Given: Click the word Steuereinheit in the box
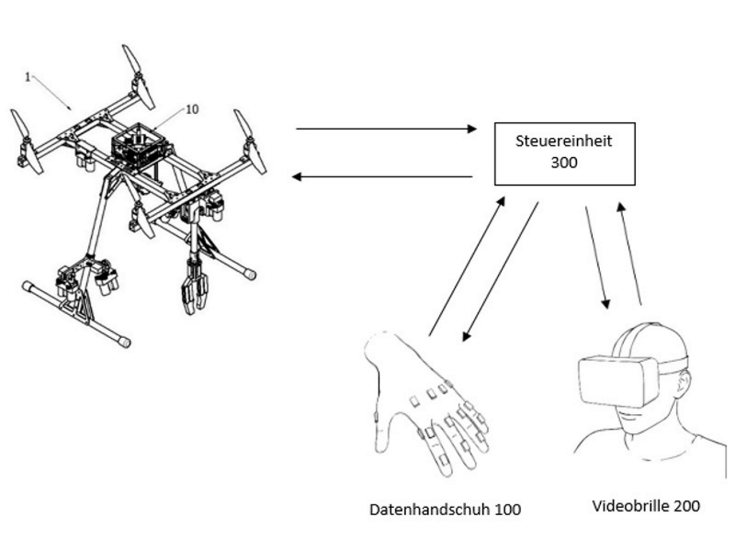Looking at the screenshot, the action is coord(563,141).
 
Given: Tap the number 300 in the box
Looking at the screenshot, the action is coord(564,163).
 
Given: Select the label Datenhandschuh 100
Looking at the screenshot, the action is coord(445,510).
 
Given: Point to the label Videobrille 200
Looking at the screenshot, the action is coord(646,506).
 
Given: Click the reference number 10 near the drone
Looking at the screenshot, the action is coord(192,109).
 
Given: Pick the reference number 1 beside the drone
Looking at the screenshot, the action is coord(28,77).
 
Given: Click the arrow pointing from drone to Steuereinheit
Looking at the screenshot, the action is coord(386,129).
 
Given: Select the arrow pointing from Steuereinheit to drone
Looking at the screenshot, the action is coord(382,177).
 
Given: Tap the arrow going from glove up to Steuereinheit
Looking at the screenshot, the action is coord(467,266).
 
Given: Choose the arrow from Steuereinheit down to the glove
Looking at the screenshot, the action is coord(500,271).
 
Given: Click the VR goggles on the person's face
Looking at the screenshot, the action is coord(619,382).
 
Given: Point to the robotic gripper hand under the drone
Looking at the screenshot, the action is coord(194,284).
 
